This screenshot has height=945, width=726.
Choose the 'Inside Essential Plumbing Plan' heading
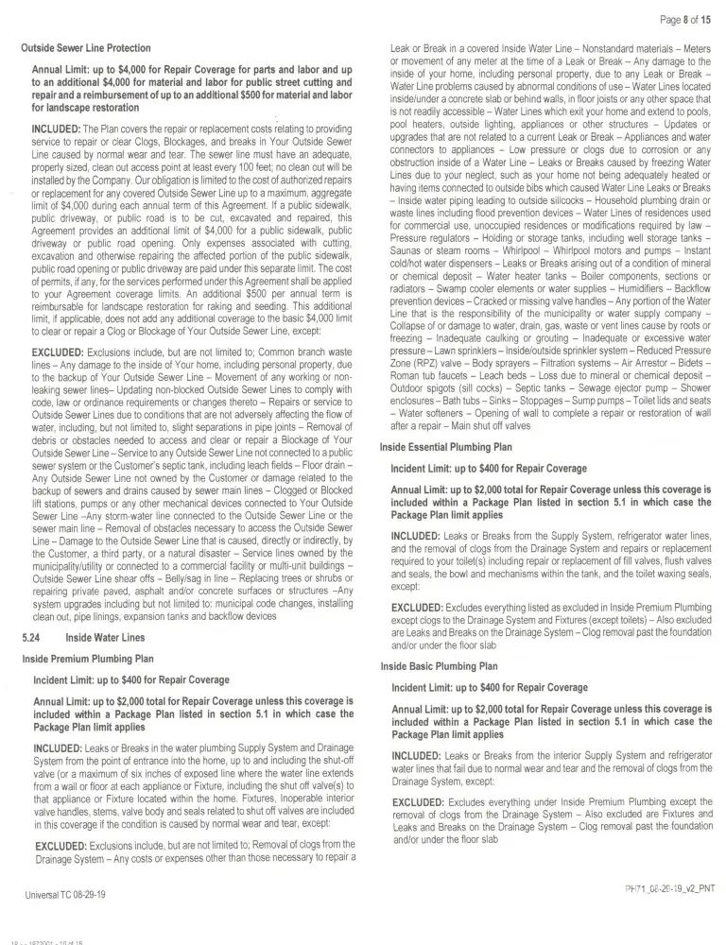tap(446, 447)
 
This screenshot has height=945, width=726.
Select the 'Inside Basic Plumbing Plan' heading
tap(438, 666)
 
